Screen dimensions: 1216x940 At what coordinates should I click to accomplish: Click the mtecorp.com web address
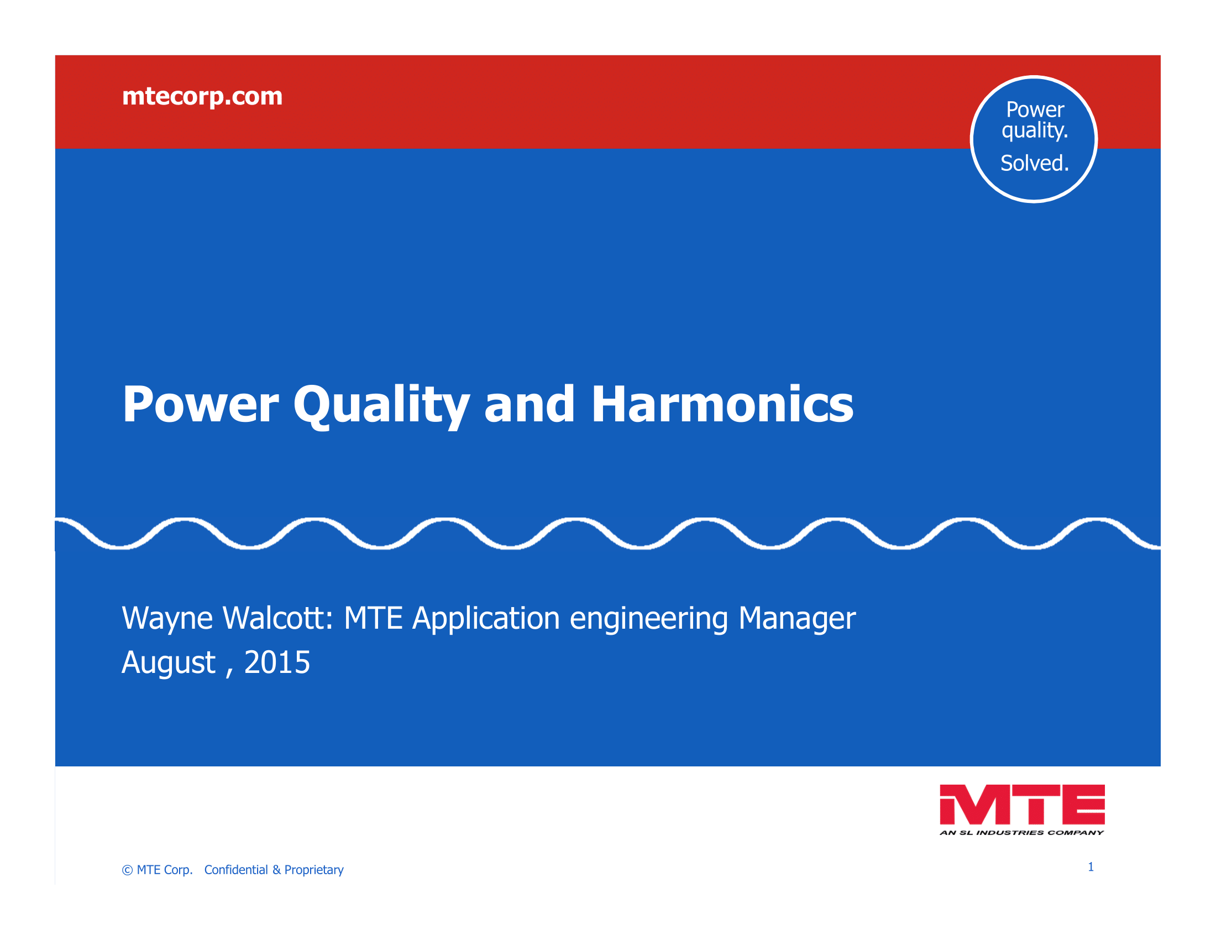click(202, 97)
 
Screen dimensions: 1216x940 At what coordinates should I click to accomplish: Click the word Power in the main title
click(201, 405)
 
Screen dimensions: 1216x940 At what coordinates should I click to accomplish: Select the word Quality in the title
click(382, 406)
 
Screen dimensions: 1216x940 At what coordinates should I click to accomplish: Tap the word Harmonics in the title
click(722, 405)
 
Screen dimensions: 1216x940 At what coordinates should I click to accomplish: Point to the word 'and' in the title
click(529, 405)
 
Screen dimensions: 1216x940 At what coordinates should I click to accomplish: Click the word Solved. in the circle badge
click(1035, 163)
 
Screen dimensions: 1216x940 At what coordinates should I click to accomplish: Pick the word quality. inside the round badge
click(1035, 131)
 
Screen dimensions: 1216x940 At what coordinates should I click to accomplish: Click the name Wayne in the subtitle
click(167, 619)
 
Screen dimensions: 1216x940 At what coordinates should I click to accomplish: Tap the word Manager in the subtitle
click(796, 619)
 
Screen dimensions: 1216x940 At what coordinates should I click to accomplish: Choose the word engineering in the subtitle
click(649, 619)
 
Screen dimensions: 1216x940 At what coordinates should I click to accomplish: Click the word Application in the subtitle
click(486, 619)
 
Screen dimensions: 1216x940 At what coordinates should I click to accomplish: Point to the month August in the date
click(169, 663)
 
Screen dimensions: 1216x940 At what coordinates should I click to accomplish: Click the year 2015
click(277, 662)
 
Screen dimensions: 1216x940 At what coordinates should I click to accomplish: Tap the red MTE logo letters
click(1022, 805)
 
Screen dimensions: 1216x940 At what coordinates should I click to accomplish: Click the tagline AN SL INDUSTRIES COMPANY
click(1021, 833)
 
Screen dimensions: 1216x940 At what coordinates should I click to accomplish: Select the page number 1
click(1091, 867)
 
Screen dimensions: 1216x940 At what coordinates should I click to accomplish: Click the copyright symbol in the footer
click(128, 870)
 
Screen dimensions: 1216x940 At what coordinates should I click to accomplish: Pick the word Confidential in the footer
click(236, 870)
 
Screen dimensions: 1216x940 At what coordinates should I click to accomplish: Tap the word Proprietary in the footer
click(314, 870)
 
